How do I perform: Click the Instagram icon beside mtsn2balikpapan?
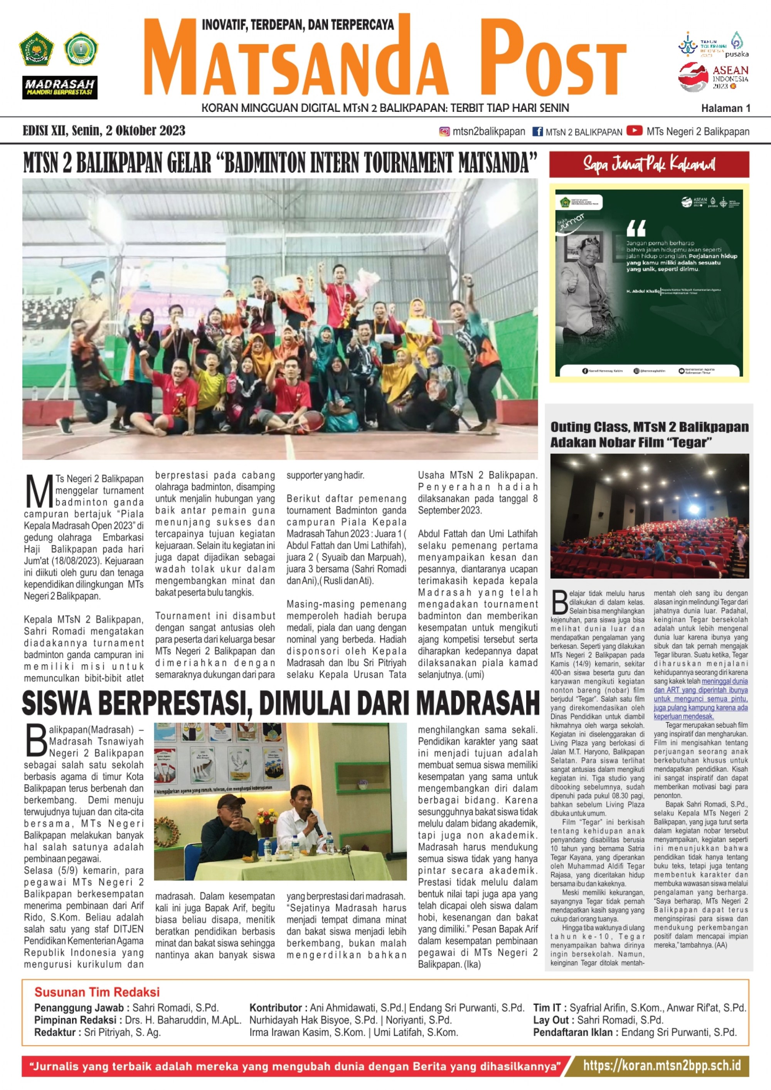tap(444, 132)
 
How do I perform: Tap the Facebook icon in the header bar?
tap(537, 132)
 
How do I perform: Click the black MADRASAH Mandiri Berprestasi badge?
tap(60, 88)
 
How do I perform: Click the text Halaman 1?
tap(726, 108)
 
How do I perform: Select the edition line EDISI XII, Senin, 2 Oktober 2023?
tap(104, 131)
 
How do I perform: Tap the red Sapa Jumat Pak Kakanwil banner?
tap(649, 164)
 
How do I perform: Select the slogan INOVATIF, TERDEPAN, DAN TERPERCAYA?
tap(298, 25)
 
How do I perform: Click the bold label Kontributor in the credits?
tap(276, 1008)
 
